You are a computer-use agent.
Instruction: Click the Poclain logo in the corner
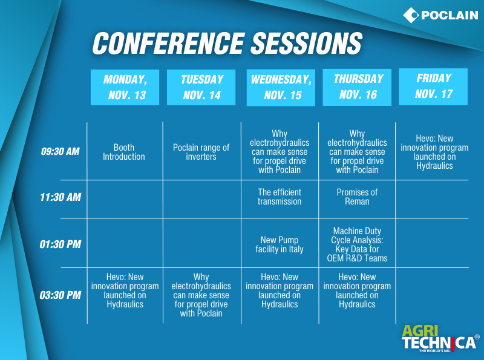[x=440, y=15]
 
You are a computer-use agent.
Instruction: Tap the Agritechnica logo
[x=440, y=338]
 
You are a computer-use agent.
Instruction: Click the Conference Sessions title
[x=227, y=43]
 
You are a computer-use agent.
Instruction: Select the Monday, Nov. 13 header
[x=125, y=87]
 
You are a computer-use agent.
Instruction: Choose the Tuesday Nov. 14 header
[x=201, y=87]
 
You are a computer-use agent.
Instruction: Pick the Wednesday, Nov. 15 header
[x=281, y=88]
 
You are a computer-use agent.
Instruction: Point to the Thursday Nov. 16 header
[x=357, y=87]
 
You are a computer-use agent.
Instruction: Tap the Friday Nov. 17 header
[x=433, y=87]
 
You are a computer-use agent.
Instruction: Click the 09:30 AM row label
[x=60, y=151]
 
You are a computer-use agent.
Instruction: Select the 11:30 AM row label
[x=60, y=197]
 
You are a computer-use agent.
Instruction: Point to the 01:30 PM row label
[x=60, y=244]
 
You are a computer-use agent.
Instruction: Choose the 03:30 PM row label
[x=60, y=295]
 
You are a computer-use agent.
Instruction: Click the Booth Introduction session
[x=124, y=152]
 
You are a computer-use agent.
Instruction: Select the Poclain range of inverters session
[x=201, y=152]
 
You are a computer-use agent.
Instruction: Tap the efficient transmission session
[x=280, y=197]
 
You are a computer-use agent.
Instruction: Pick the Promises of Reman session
[x=357, y=197]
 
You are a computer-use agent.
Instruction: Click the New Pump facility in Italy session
[x=280, y=244]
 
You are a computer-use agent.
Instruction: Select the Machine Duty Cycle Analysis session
[x=357, y=244]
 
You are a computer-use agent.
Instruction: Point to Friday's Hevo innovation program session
[x=434, y=152]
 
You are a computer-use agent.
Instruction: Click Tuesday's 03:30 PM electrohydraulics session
[x=201, y=295]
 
